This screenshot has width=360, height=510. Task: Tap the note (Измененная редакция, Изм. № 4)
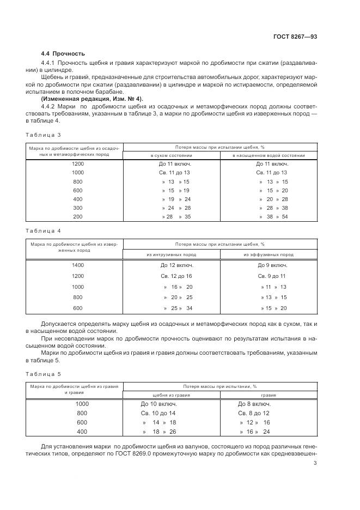[84, 99]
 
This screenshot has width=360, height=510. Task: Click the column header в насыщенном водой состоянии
[268, 155]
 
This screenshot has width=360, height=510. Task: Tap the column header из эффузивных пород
[268, 254]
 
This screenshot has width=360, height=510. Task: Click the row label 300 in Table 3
[77, 208]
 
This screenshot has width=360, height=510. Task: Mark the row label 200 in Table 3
[77, 216]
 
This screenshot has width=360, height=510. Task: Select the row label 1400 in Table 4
[77, 265]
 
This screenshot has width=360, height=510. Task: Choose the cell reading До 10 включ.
[159, 404]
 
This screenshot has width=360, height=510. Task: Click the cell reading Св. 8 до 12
[254, 414]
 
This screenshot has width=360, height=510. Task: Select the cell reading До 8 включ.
[254, 404]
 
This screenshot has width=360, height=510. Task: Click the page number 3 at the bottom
[315, 463]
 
